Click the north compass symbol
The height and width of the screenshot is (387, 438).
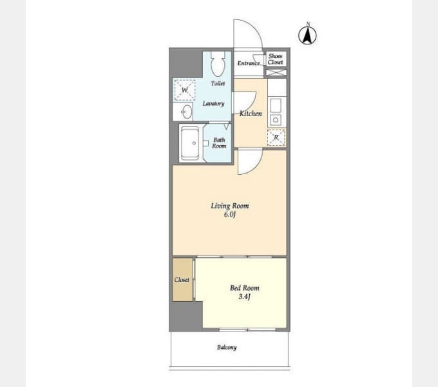coord(307,35)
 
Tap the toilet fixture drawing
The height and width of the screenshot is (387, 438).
coord(218,64)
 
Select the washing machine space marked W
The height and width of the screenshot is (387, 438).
coord(184,90)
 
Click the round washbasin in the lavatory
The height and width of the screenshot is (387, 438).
coord(187,112)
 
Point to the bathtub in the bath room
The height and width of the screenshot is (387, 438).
coord(190,143)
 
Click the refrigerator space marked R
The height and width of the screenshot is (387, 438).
coord(276,137)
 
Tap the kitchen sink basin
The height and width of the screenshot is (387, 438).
coord(276,105)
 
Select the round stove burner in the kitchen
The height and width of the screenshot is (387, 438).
coord(276,120)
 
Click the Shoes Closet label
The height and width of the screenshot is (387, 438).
coord(276,59)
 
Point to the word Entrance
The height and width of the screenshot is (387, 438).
coord(249,63)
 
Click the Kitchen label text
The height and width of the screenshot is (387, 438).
coord(251,114)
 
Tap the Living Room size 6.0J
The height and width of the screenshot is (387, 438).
coord(230,215)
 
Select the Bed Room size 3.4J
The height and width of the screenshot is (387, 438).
coord(245,297)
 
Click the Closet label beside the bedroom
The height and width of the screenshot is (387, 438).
coord(182,280)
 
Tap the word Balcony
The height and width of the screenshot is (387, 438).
coord(227,347)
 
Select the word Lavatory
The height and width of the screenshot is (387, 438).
coord(213,103)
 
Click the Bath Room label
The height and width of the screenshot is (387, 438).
coord(219,143)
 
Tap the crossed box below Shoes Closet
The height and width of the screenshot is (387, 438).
coord(276,72)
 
